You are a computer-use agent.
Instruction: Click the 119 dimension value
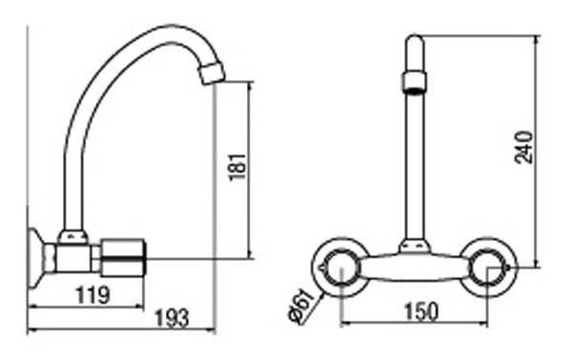click(x=92, y=294)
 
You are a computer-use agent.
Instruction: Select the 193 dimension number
click(x=173, y=318)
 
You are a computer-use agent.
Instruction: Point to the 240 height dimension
click(x=524, y=148)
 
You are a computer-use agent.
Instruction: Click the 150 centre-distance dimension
click(x=421, y=311)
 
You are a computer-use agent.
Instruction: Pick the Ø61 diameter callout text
click(x=302, y=305)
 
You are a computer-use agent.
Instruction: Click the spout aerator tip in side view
click(x=213, y=73)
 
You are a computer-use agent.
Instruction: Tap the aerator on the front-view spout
click(x=414, y=83)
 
